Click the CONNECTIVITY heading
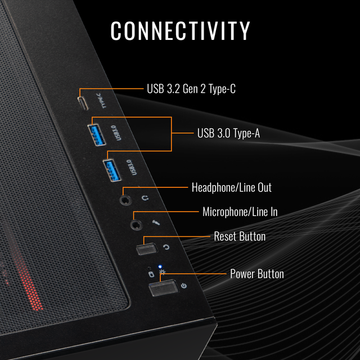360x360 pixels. (x=180, y=30)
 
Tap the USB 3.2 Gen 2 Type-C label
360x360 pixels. (x=195, y=88)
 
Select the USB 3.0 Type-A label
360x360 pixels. (x=228, y=133)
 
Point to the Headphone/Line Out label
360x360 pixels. (x=231, y=187)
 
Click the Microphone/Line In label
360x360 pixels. (x=240, y=211)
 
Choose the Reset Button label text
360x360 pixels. (x=240, y=236)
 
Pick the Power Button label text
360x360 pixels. (x=256, y=274)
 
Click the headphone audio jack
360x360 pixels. (x=125, y=198)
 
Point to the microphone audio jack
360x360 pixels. (x=136, y=224)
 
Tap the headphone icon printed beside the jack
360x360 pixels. (x=145, y=197)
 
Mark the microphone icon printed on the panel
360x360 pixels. (x=156, y=223)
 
